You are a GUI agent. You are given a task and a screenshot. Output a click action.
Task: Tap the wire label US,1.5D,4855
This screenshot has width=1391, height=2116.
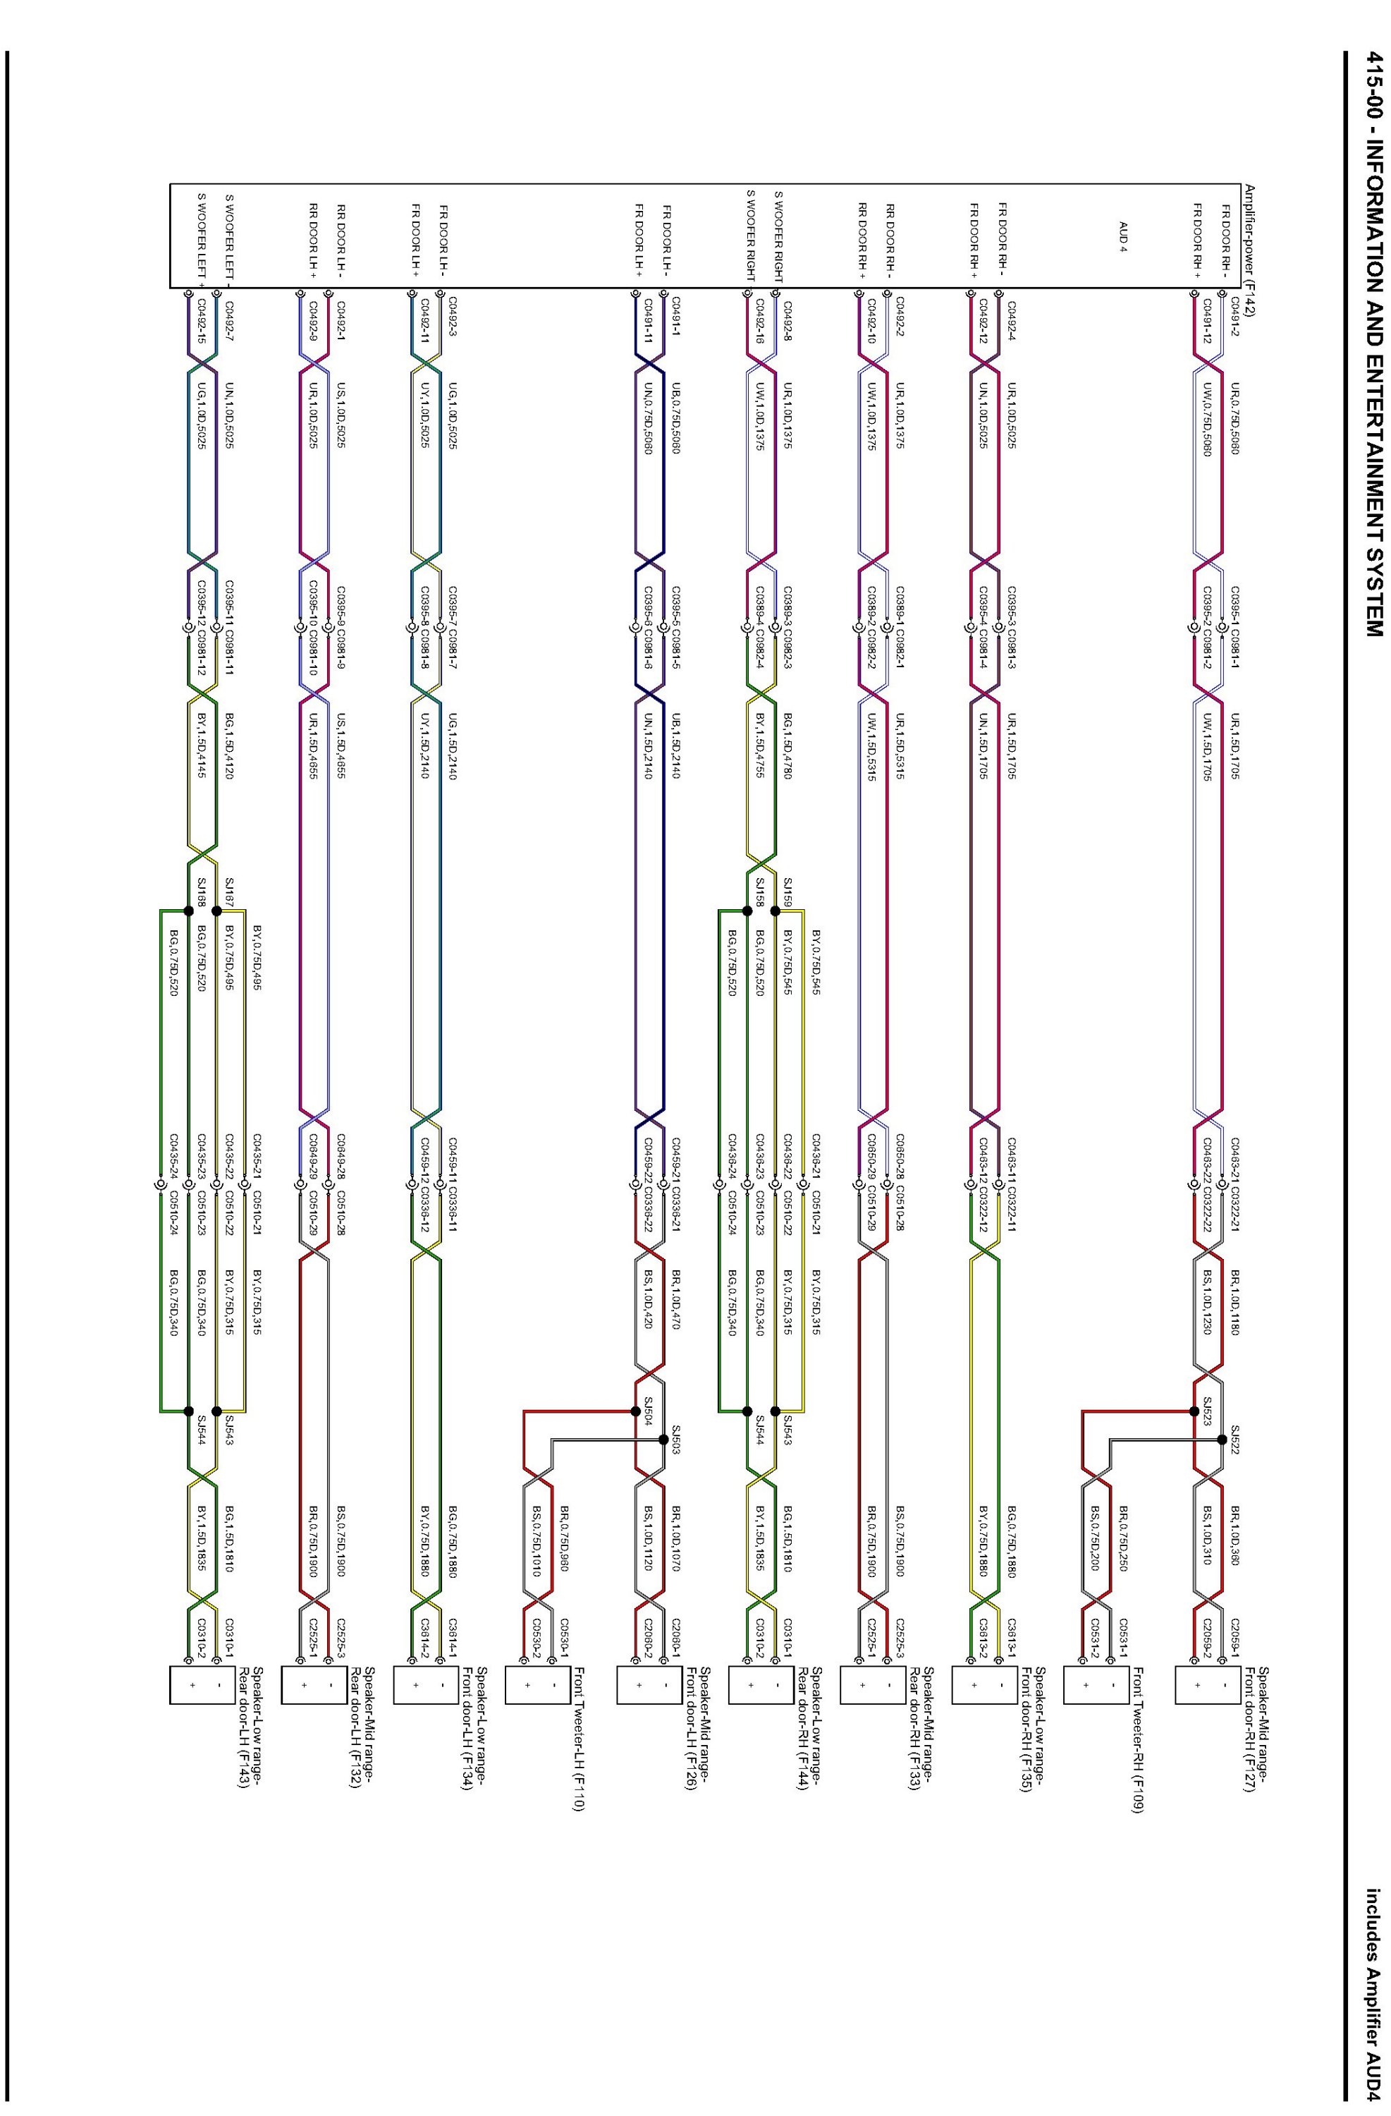coord(341,737)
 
